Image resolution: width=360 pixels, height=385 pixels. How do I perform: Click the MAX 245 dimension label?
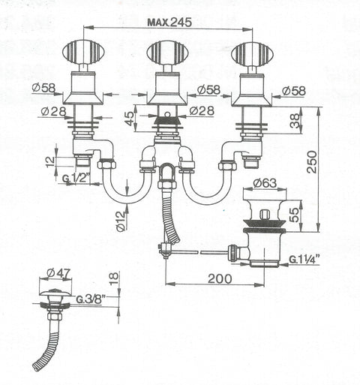coord(169,23)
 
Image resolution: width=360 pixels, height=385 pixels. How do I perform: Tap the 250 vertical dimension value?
coord(312,162)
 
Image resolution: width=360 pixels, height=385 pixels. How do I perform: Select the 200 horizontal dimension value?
coord(220,278)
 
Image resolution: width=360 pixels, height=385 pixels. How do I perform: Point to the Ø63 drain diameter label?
coord(265,183)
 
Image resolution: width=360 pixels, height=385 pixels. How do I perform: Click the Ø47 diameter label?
coord(59,273)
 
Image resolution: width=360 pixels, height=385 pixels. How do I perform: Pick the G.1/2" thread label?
coord(76,179)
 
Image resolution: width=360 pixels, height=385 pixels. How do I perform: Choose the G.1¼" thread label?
coord(304,259)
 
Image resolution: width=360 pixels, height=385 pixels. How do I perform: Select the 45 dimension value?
coord(129,119)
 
